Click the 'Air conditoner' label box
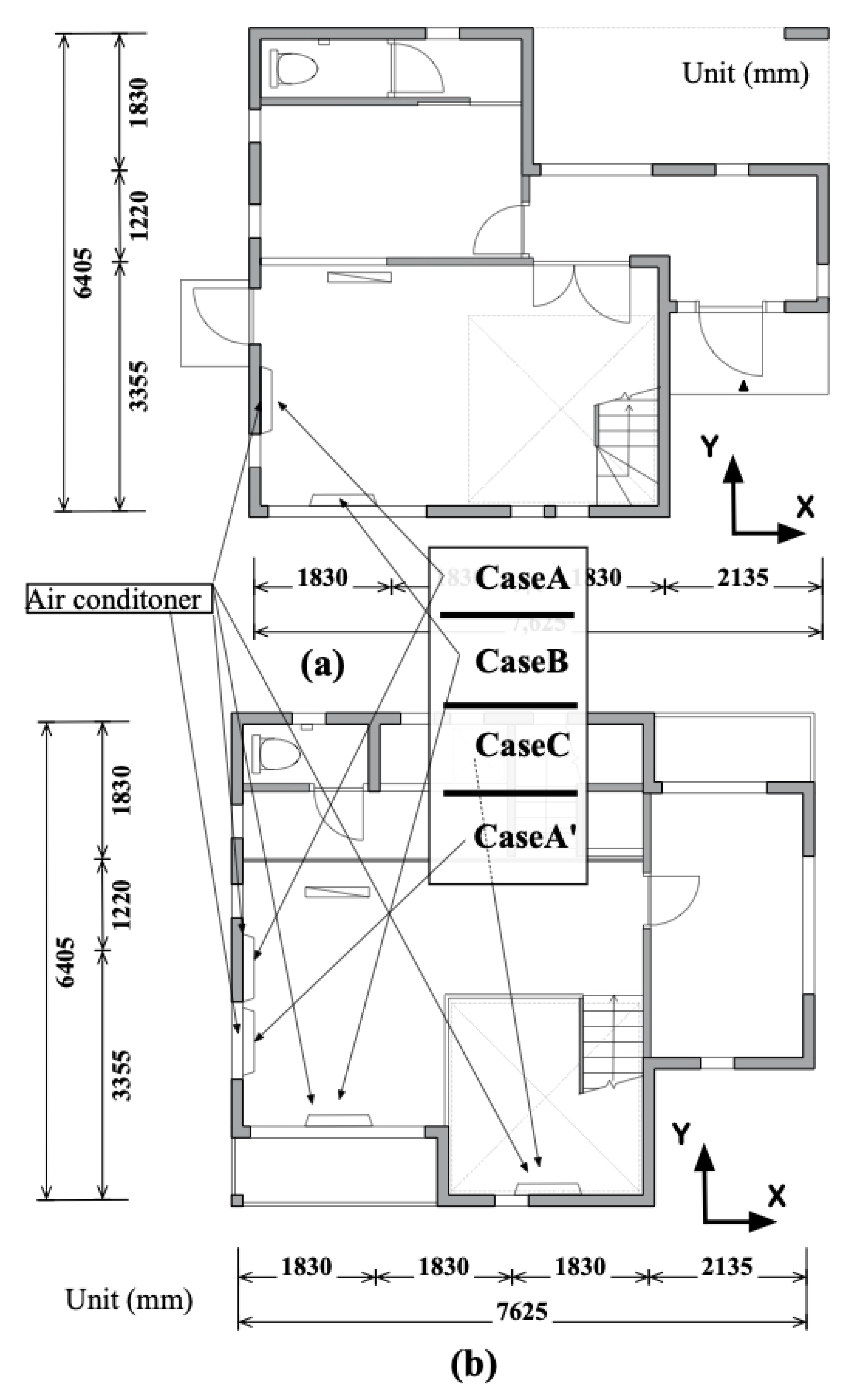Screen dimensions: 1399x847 (x=119, y=599)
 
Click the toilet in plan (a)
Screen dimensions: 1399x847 (x=294, y=68)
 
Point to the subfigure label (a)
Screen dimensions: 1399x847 (x=322, y=664)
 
